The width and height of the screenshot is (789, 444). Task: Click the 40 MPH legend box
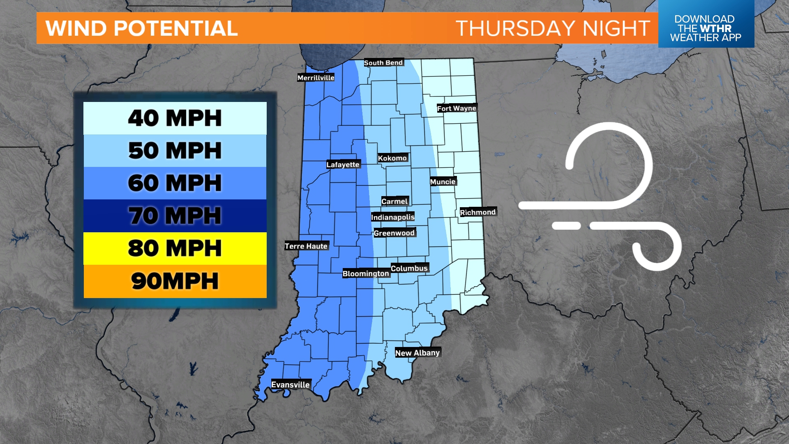tap(175, 118)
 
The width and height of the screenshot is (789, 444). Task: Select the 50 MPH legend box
tap(175, 150)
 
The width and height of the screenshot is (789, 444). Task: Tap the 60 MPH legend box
tap(175, 183)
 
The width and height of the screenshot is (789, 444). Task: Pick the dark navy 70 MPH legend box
tap(175, 215)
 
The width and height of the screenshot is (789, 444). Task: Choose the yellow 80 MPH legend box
tap(175, 248)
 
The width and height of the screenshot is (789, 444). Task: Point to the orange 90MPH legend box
tap(175, 281)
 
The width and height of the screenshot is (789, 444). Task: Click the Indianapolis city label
tap(392, 217)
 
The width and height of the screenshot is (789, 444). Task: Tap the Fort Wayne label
tap(456, 108)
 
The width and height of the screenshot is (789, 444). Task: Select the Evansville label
tap(290, 385)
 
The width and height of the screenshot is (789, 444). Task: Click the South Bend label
tap(383, 62)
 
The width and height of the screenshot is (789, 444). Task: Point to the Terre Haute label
tap(306, 246)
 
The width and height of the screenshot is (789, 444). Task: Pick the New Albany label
tap(417, 353)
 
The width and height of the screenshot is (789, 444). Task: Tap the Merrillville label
tap(316, 78)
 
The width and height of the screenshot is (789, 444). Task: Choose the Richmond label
tap(478, 212)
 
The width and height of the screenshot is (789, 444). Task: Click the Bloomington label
tap(365, 273)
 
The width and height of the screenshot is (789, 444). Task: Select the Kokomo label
tap(392, 158)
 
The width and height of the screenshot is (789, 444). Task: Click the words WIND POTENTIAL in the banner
tap(141, 28)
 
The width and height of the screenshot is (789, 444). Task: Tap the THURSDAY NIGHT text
tap(552, 28)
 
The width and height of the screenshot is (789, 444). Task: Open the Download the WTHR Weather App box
tap(706, 28)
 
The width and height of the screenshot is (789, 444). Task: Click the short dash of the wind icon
tap(566, 226)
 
